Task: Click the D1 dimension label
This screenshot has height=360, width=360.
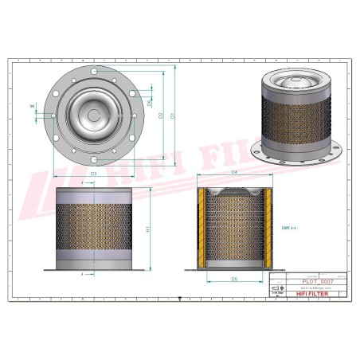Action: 172,117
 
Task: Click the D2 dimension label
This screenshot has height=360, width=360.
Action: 162,117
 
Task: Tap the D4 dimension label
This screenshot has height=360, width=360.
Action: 235,173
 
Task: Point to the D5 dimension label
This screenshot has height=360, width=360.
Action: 235,280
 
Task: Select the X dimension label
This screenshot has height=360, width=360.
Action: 33,106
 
